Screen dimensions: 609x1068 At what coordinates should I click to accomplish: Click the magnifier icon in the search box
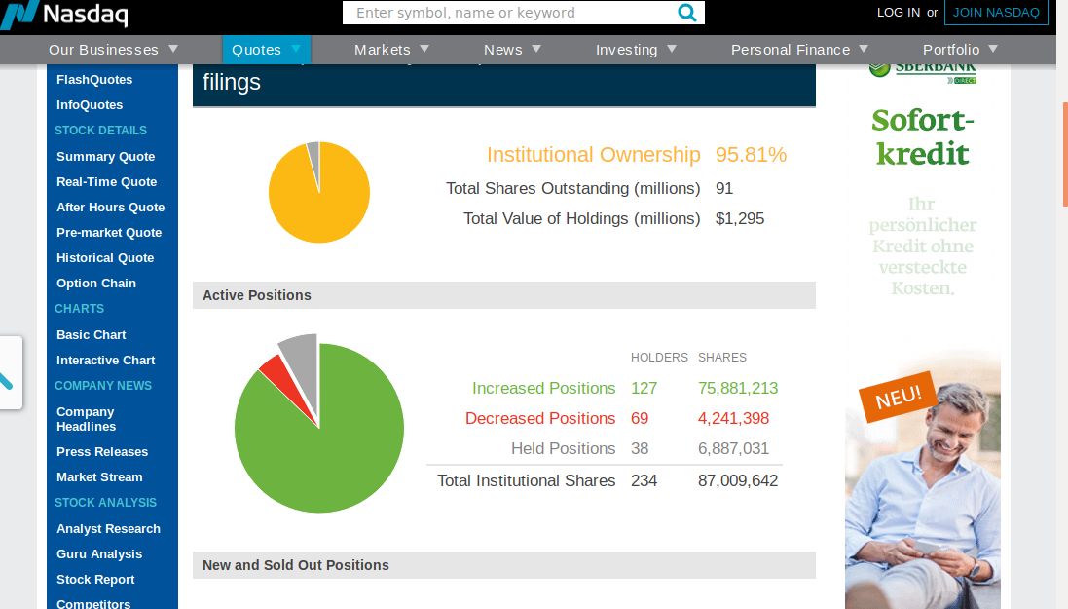tap(687, 13)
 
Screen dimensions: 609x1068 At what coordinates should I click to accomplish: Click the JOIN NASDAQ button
tap(996, 13)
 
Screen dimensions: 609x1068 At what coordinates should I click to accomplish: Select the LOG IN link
tap(898, 13)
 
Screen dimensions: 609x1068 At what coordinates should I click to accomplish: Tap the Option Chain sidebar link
tap(96, 284)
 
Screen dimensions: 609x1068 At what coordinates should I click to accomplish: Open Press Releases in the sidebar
tap(102, 452)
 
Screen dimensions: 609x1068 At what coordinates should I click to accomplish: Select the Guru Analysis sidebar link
tap(99, 554)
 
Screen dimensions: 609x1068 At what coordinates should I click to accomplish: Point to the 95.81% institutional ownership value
tap(751, 155)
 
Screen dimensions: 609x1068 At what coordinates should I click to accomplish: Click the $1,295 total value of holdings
tap(740, 218)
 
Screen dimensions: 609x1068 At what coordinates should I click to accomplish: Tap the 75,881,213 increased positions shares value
tap(738, 388)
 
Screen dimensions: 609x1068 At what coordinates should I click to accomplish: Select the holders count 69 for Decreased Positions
tap(640, 418)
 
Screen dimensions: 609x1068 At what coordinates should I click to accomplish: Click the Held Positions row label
tap(563, 448)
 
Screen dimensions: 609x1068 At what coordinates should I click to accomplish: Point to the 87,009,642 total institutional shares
tap(738, 480)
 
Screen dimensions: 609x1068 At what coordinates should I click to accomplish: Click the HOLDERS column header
tap(659, 358)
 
